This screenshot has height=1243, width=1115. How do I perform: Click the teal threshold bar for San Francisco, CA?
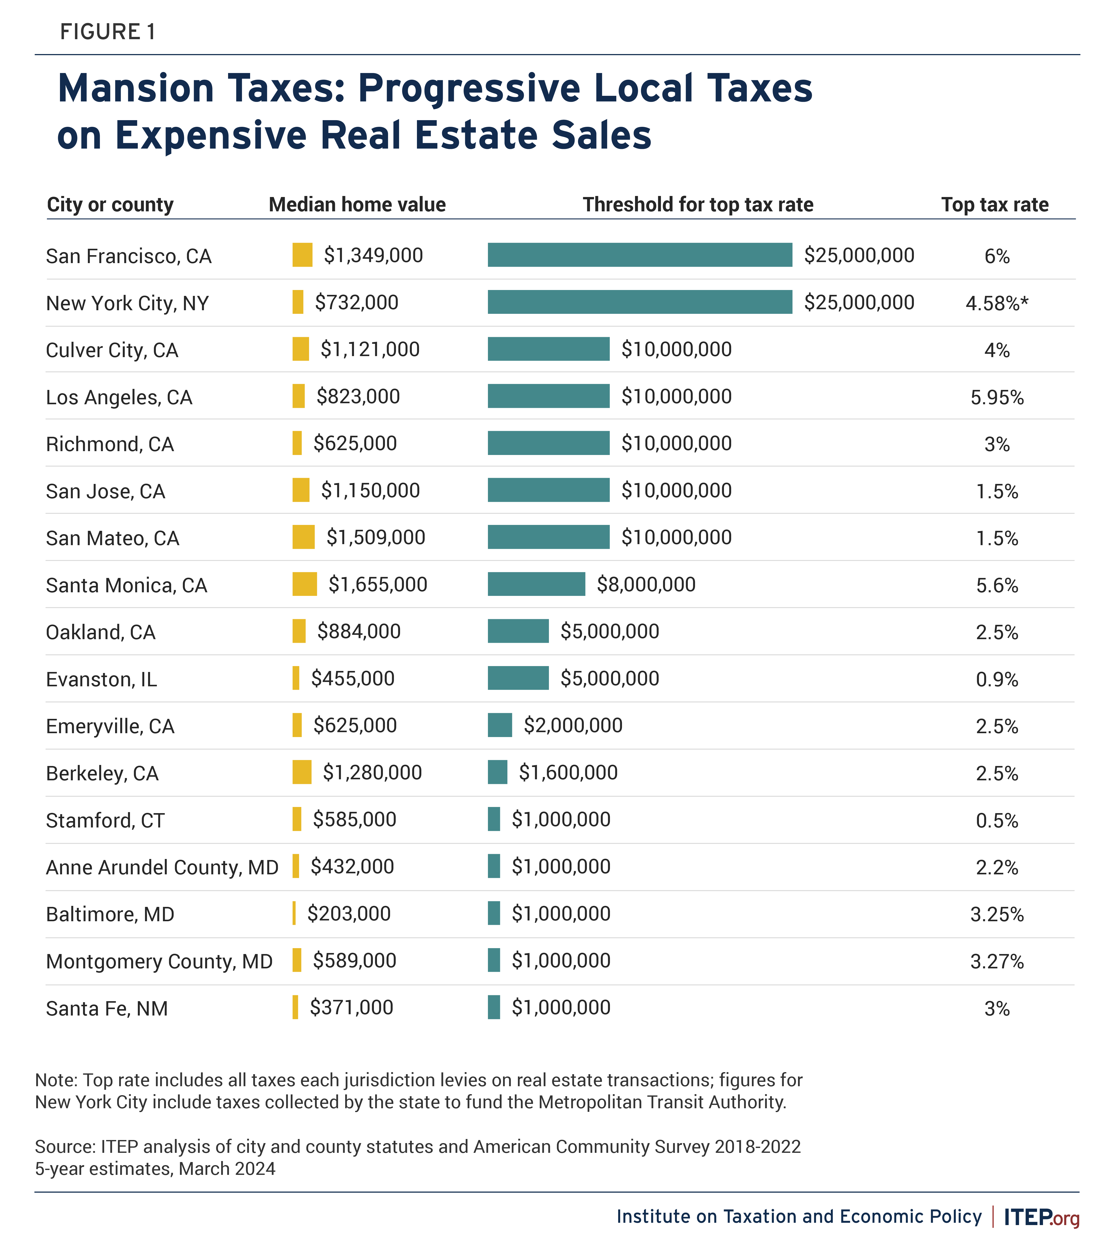[x=640, y=255]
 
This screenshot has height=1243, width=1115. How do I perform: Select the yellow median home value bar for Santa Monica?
[x=304, y=584]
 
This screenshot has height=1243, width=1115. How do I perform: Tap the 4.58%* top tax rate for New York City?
[x=997, y=303]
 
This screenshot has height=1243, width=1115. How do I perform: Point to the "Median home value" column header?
[x=357, y=204]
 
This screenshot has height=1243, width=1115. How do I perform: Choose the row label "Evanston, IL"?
[x=102, y=679]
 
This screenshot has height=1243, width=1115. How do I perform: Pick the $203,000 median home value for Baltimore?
[x=349, y=914]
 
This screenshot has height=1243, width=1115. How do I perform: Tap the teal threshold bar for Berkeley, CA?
[x=497, y=772]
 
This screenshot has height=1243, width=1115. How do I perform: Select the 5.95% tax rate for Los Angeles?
[x=997, y=397]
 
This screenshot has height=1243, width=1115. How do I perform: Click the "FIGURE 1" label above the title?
[x=108, y=32]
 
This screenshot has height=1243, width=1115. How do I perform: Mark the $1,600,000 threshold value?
[x=568, y=773]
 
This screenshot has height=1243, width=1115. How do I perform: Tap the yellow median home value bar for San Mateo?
[x=303, y=537]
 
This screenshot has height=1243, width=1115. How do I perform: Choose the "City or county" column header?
[x=110, y=204]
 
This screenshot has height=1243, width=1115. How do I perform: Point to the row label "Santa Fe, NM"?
[x=107, y=1009]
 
